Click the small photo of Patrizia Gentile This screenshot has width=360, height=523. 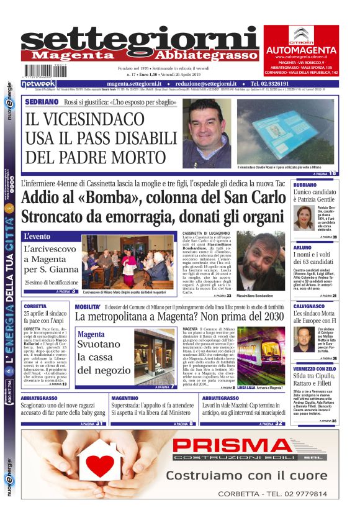coord(304,217)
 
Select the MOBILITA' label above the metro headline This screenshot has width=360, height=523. coord(88,307)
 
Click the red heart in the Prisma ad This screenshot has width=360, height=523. coord(101,465)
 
